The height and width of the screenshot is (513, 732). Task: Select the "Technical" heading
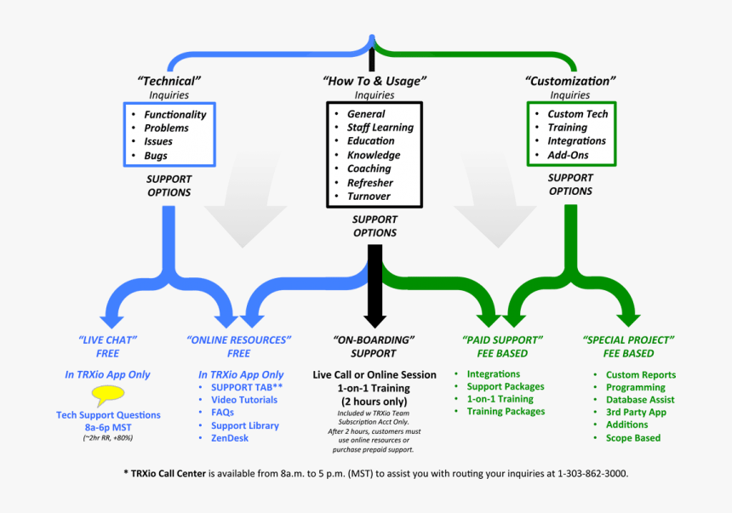(169, 81)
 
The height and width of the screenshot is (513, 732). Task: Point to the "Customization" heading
(569, 81)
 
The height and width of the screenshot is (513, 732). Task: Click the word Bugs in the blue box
(156, 156)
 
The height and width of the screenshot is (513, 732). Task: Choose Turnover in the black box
(369, 197)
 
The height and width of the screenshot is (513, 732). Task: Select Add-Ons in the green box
(569, 156)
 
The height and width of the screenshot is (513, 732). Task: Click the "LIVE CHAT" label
(108, 339)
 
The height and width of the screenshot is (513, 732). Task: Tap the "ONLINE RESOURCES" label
(239, 339)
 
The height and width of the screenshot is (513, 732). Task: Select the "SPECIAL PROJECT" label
(628, 339)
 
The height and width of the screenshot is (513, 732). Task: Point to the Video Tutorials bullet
(244, 400)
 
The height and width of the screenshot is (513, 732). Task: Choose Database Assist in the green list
(640, 400)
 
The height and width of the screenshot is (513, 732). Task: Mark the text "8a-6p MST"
(108, 427)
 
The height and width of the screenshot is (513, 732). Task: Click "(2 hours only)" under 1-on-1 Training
(375, 401)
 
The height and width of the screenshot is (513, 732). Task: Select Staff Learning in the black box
(380, 128)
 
